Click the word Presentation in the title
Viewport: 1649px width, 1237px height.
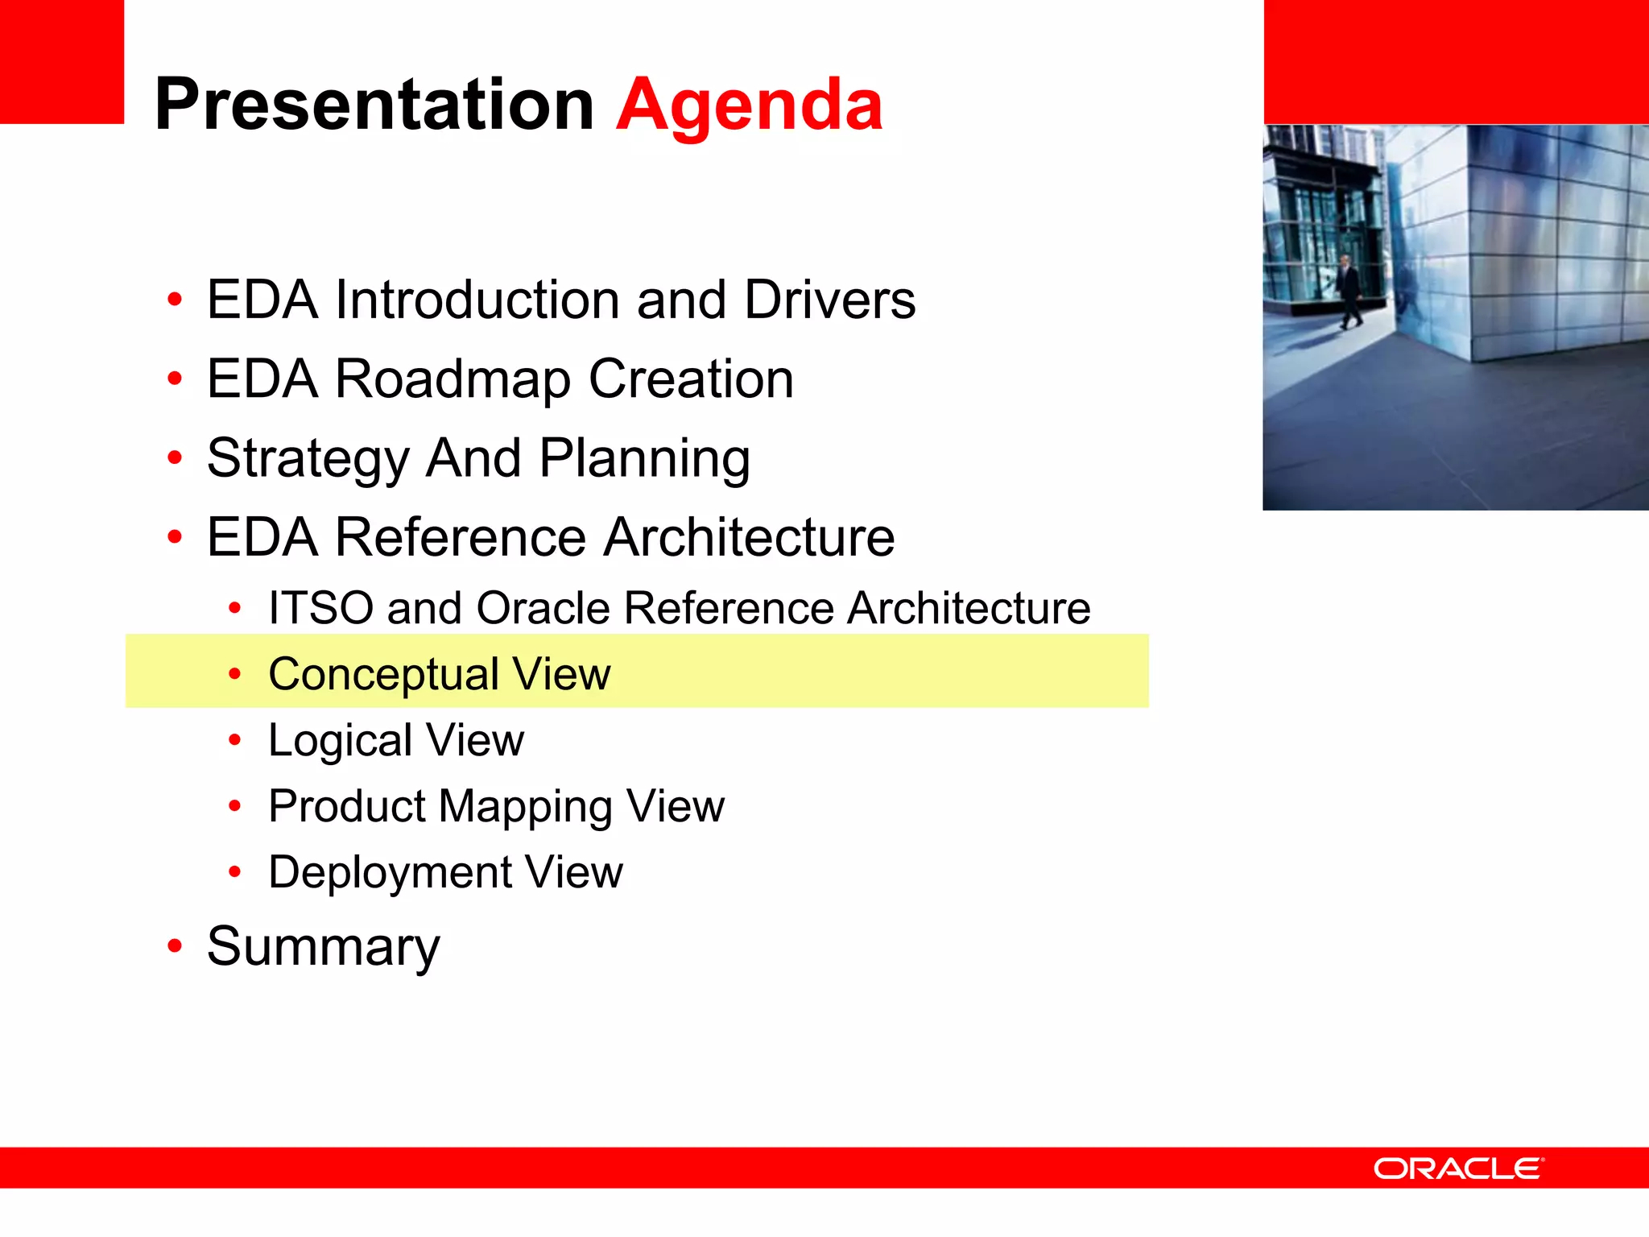(x=374, y=105)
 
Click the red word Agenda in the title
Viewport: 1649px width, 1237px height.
(x=749, y=105)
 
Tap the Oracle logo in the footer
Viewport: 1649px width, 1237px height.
(x=1458, y=1169)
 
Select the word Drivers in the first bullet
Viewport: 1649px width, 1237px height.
(x=829, y=300)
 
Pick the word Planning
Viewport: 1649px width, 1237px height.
(x=644, y=459)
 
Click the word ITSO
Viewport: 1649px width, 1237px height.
(x=320, y=608)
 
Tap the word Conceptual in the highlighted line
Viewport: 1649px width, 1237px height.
(x=382, y=675)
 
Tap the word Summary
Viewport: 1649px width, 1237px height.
(x=323, y=948)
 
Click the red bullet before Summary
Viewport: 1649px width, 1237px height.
(x=175, y=945)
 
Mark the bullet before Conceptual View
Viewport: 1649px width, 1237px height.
(x=234, y=674)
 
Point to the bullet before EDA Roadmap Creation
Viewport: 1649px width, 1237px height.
(x=175, y=378)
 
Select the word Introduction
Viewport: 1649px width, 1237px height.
(x=477, y=300)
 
